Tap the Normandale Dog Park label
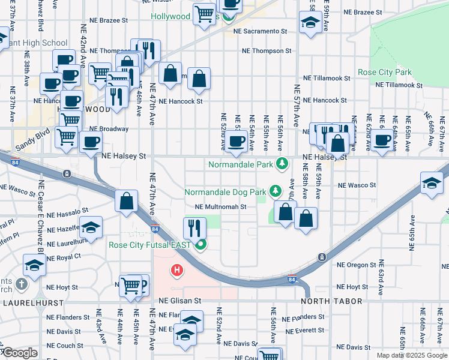(x=224, y=193)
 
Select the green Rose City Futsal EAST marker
(x=201, y=245)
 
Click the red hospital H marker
(x=176, y=271)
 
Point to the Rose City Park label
(x=384, y=72)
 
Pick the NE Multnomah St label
(x=220, y=207)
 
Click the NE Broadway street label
(x=109, y=128)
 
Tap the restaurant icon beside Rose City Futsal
(x=194, y=228)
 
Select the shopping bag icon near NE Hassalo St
(x=126, y=202)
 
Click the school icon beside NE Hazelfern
(x=91, y=227)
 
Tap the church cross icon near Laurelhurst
(x=20, y=284)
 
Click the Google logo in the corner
(x=19, y=353)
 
